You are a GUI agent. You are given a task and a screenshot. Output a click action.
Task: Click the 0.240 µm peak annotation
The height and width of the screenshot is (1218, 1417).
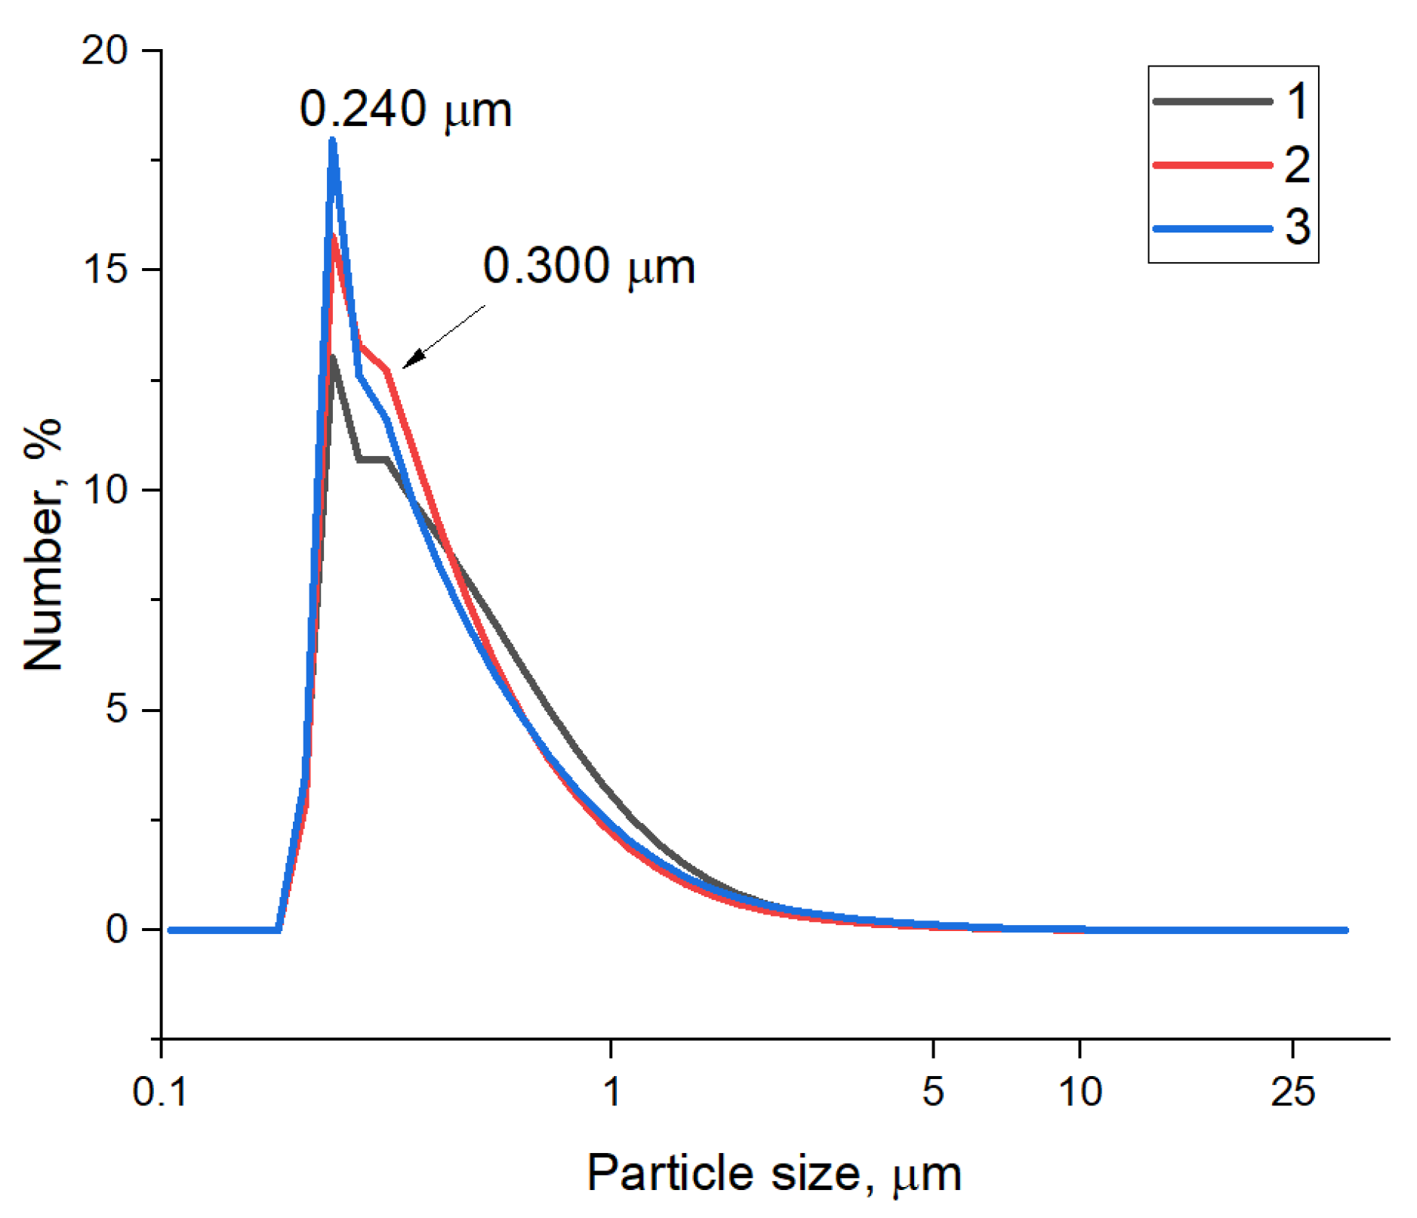coord(405,110)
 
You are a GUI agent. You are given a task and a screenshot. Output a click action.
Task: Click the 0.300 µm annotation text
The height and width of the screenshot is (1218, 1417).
coord(588,267)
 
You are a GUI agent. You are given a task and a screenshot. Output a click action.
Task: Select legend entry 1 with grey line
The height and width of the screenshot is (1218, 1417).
coord(1232,101)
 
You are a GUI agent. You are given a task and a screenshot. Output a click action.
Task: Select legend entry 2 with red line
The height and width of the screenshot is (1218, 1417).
coord(1232,165)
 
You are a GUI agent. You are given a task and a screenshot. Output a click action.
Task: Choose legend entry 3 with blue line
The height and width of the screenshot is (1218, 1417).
coord(1232,227)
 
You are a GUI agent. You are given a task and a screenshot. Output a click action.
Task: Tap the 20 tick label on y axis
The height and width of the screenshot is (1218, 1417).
coord(105,51)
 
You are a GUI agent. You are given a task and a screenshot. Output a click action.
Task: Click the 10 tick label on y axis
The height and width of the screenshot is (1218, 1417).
coord(105,489)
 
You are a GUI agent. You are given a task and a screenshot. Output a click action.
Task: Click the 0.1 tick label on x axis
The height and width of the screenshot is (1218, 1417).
coord(159,1092)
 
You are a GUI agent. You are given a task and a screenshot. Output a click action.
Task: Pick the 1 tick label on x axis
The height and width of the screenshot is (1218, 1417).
coord(611,1092)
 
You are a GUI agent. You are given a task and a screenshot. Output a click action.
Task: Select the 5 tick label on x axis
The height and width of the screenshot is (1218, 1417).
coord(933,1092)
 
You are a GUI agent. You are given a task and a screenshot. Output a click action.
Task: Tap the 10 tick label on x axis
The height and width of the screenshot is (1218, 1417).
coord(1080,1092)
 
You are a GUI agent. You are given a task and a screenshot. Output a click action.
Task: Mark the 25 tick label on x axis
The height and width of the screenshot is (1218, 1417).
coord(1292,1092)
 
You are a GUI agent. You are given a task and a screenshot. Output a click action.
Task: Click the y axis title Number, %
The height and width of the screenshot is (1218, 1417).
coord(43,544)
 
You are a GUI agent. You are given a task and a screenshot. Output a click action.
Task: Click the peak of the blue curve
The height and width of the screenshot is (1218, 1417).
coord(332,140)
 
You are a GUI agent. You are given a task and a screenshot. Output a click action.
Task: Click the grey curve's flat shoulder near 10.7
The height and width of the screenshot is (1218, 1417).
coord(372,458)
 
